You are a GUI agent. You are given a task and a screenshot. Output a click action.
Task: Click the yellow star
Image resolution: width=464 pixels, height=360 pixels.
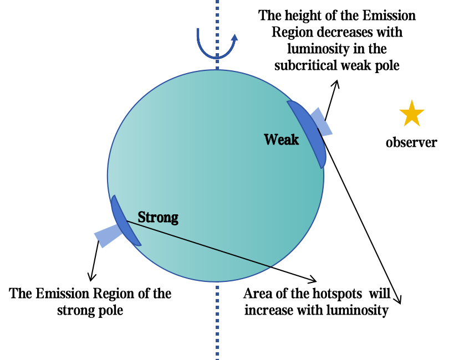coord(412,114)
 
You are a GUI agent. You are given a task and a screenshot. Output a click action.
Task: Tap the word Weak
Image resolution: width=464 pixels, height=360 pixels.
coord(281,140)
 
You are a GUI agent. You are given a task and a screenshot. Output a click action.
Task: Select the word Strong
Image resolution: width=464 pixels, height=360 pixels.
coord(158,217)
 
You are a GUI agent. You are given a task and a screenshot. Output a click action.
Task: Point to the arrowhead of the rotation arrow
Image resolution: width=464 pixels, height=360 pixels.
coord(234,38)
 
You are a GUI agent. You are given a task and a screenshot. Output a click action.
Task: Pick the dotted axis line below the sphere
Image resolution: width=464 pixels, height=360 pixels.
coord(217,321)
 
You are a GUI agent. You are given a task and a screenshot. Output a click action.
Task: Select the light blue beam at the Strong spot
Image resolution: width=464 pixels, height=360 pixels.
coord(107,237)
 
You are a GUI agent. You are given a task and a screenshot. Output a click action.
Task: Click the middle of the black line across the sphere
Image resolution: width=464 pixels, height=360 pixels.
coord(199,244)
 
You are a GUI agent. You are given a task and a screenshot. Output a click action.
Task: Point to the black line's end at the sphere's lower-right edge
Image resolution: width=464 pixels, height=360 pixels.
coord(271,267)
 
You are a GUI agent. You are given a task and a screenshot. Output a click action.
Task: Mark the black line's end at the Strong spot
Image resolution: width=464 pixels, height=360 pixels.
coord(127,222)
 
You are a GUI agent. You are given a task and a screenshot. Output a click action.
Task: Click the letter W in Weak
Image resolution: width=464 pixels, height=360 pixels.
coord(270,140)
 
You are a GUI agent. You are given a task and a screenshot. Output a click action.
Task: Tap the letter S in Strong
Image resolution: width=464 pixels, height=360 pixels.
coord(141,217)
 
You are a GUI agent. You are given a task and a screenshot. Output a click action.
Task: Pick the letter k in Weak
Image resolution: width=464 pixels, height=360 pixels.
coord(294,140)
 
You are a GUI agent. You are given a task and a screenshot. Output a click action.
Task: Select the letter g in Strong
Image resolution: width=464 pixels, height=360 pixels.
coord(174,219)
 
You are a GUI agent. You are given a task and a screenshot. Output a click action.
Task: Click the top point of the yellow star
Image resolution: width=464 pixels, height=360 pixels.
coord(412,100)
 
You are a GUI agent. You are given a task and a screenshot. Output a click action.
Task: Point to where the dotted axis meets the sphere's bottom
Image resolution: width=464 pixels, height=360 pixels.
coord(217,282)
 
